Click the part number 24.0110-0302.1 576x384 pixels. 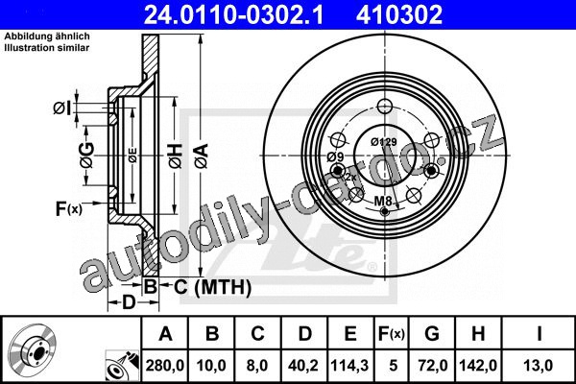tap(233, 14)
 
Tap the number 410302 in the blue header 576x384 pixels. tap(398, 14)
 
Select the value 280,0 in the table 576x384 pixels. tap(165, 366)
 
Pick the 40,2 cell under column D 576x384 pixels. tap(303, 366)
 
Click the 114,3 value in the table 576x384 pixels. tap(349, 366)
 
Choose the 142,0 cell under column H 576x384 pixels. tap(478, 366)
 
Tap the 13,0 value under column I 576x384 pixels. tap(538, 366)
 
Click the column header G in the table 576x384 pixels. tap(432, 334)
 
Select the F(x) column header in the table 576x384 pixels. tap(392, 334)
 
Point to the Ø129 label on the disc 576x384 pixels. tap(383, 142)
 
